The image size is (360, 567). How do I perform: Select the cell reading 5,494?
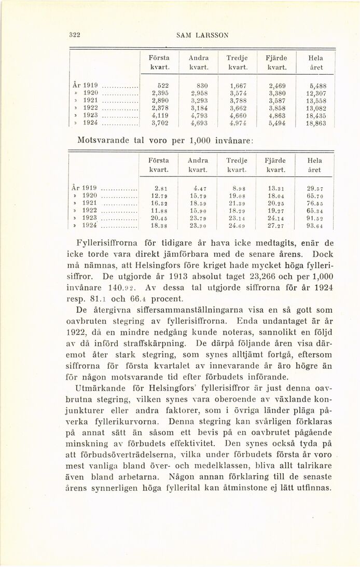[278, 125]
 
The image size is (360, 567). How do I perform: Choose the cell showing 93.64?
[314, 226]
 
